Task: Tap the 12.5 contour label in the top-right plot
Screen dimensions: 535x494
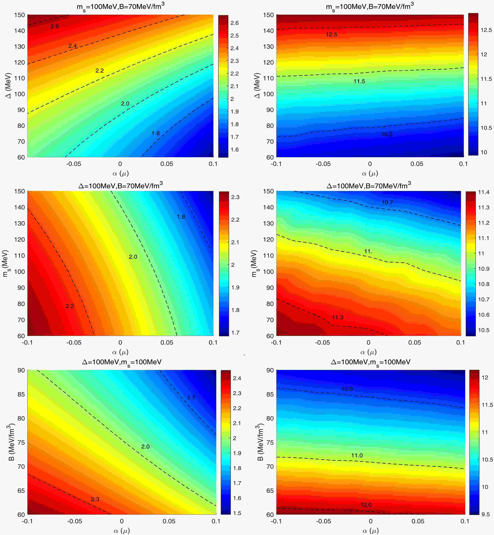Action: (331, 34)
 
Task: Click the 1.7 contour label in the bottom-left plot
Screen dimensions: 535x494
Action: (191, 397)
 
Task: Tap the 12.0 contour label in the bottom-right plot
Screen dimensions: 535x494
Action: (366, 505)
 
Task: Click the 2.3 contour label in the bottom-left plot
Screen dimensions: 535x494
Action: (95, 499)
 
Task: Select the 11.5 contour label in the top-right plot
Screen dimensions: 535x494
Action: (359, 81)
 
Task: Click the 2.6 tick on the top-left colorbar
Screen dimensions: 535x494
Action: (234, 23)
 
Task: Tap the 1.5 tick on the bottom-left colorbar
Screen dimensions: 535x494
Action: (237, 513)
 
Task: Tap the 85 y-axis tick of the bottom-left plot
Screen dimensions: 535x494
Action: (21, 394)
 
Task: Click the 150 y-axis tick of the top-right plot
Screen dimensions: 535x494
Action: (268, 15)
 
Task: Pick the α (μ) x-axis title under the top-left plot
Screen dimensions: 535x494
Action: (121, 173)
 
